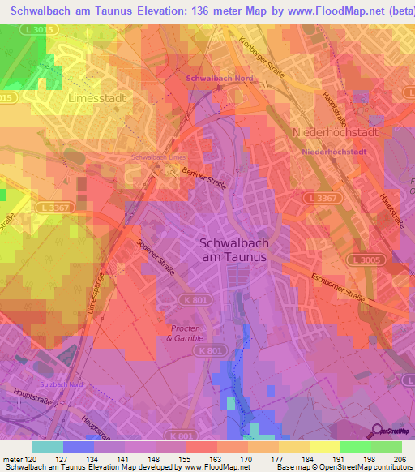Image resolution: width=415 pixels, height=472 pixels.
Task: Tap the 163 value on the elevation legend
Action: coord(217,458)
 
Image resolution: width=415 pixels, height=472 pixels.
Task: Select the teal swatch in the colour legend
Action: coord(48,447)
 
